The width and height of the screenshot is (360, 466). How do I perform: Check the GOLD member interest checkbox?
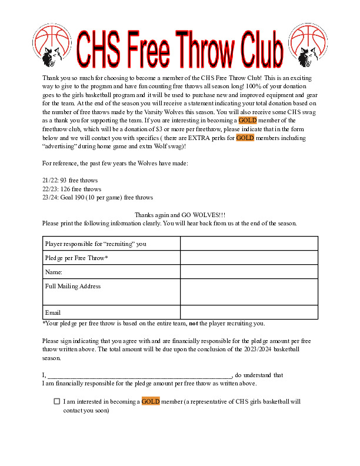56,402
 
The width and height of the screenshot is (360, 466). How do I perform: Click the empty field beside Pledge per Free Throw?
249,258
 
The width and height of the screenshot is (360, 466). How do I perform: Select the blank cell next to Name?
249,272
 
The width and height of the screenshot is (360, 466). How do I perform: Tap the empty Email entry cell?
249,312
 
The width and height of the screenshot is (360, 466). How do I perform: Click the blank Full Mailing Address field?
249,292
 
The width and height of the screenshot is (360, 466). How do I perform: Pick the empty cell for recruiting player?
249,244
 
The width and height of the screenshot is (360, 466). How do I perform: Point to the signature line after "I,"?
140,375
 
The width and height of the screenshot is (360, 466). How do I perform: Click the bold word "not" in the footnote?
193,323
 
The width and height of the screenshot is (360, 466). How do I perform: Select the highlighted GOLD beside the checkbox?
151,402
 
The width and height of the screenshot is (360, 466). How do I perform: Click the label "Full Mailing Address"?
73,287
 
